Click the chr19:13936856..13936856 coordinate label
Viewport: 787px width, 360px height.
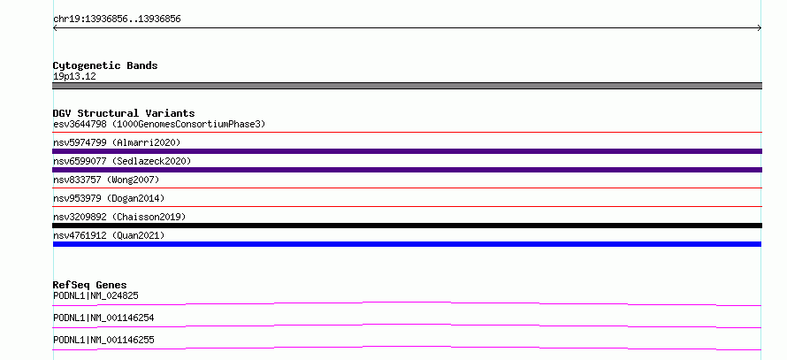117,19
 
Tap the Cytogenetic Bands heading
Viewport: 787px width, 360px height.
105,65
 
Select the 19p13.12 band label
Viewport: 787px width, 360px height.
74,77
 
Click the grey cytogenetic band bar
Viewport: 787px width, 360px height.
407,86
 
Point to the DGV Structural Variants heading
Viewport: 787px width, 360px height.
124,113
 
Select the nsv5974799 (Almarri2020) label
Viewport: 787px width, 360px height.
117,142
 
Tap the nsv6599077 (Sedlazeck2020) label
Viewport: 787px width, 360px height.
122,161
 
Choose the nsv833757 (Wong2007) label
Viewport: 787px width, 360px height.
106,180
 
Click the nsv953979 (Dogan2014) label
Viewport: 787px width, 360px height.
109,198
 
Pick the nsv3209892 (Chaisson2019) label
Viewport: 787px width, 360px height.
119,217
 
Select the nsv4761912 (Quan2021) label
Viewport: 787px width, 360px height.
109,235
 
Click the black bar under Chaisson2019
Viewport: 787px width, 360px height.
407,226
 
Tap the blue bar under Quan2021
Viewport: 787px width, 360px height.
407,244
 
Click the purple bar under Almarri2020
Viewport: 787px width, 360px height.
407,151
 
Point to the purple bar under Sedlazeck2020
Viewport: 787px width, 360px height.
407,170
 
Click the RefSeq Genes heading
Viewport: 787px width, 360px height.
90,285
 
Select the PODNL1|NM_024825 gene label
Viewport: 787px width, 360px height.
96,295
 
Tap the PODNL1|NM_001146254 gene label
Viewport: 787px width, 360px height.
103,318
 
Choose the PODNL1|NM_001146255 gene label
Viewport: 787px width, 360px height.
103,340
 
